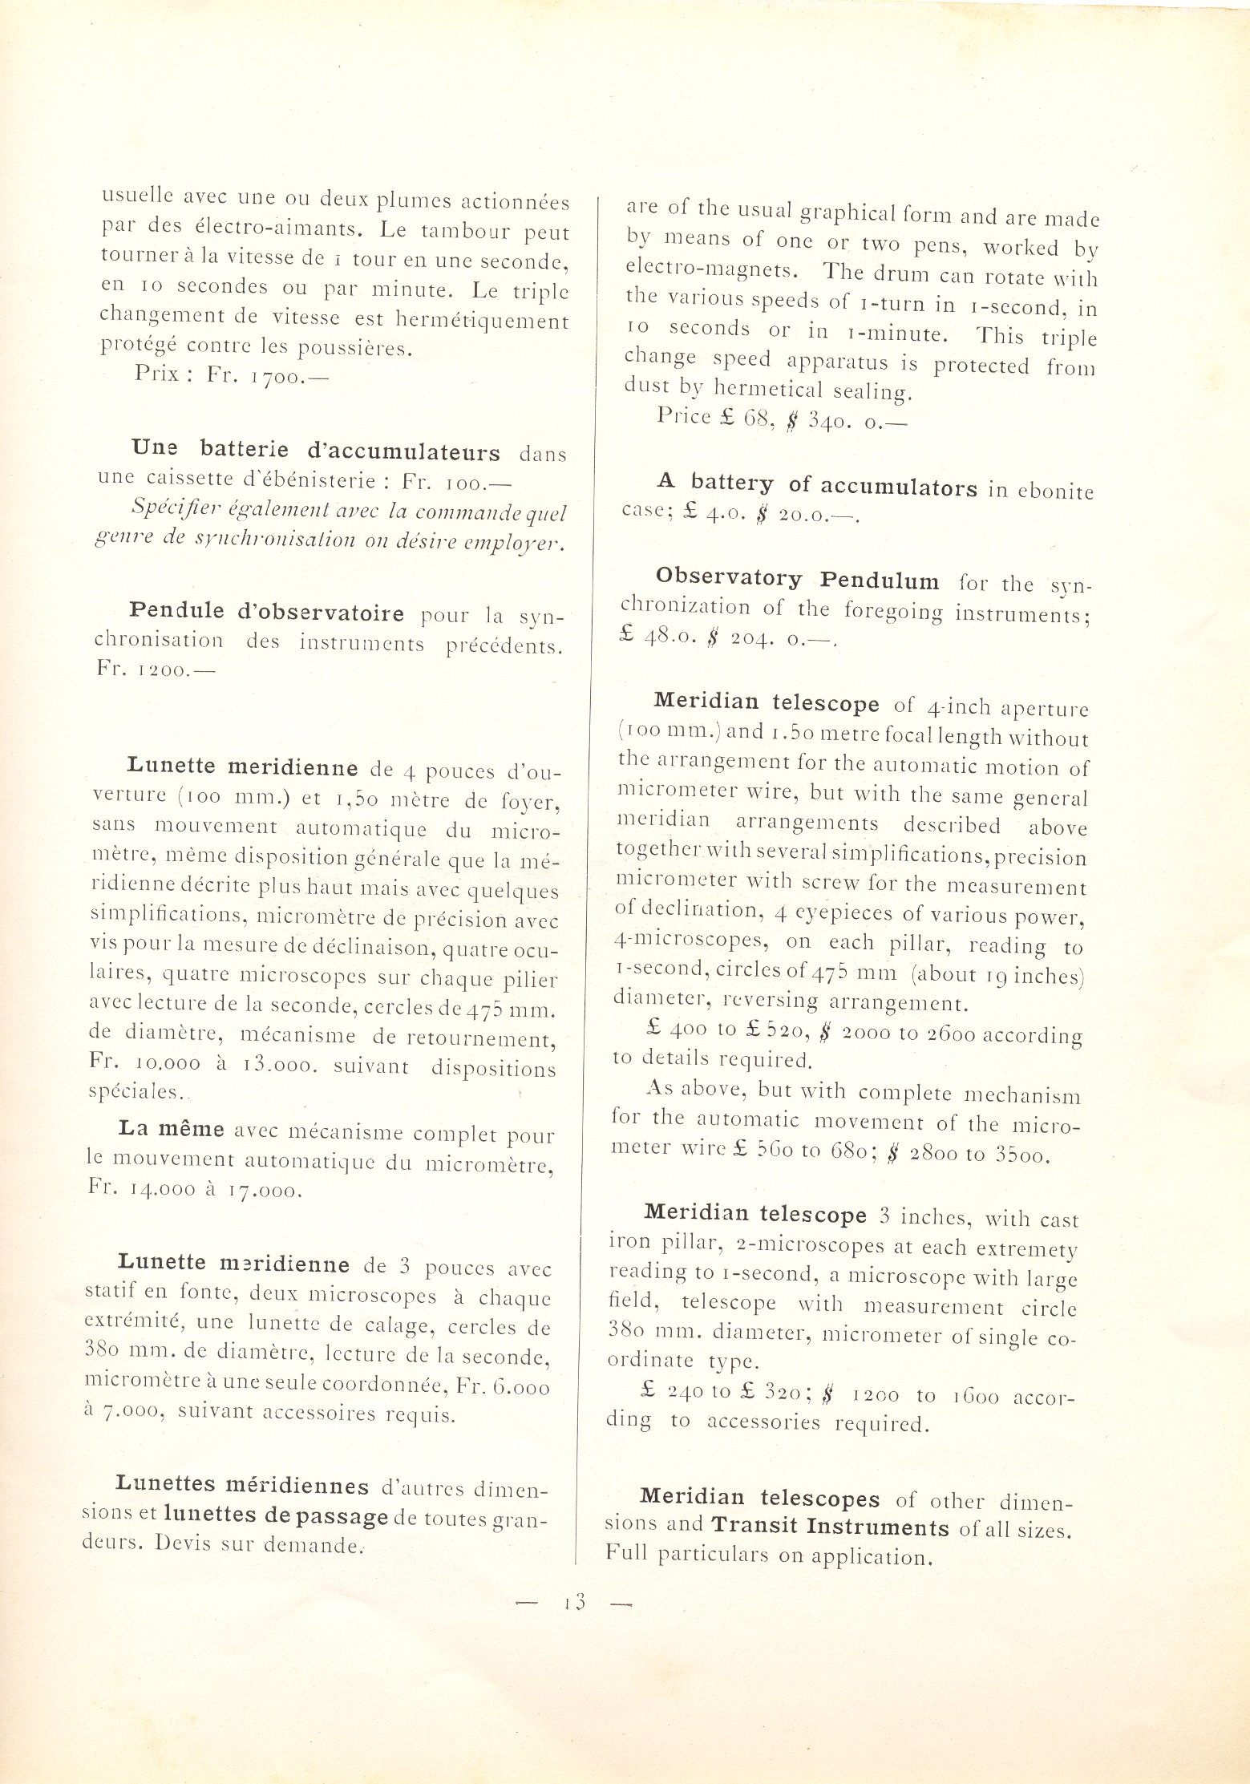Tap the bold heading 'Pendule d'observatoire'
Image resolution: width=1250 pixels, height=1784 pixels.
[267, 613]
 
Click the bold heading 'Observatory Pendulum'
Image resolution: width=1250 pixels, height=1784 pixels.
[797, 579]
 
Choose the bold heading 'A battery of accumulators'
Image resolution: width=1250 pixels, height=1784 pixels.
[817, 485]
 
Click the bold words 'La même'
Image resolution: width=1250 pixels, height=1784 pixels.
[171, 1129]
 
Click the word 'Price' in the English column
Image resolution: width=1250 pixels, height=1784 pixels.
[684, 415]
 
